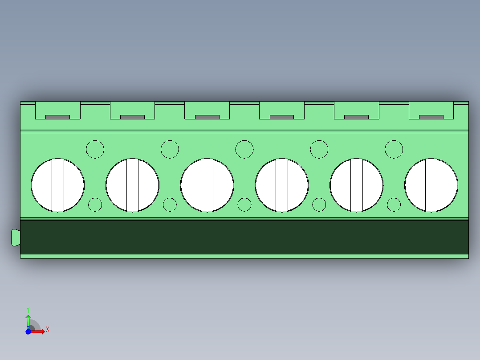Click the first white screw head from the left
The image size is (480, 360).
click(57, 185)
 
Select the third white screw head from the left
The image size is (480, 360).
click(207, 185)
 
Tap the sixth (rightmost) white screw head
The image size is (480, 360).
click(431, 185)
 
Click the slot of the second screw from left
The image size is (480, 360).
click(132, 185)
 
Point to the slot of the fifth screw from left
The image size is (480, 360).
click(356, 185)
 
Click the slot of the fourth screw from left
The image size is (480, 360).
click(281, 185)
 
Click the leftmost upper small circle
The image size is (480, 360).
click(95, 149)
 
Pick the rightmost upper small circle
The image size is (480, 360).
click(394, 149)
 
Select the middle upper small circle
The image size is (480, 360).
click(244, 149)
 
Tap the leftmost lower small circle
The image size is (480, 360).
click(95, 205)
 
